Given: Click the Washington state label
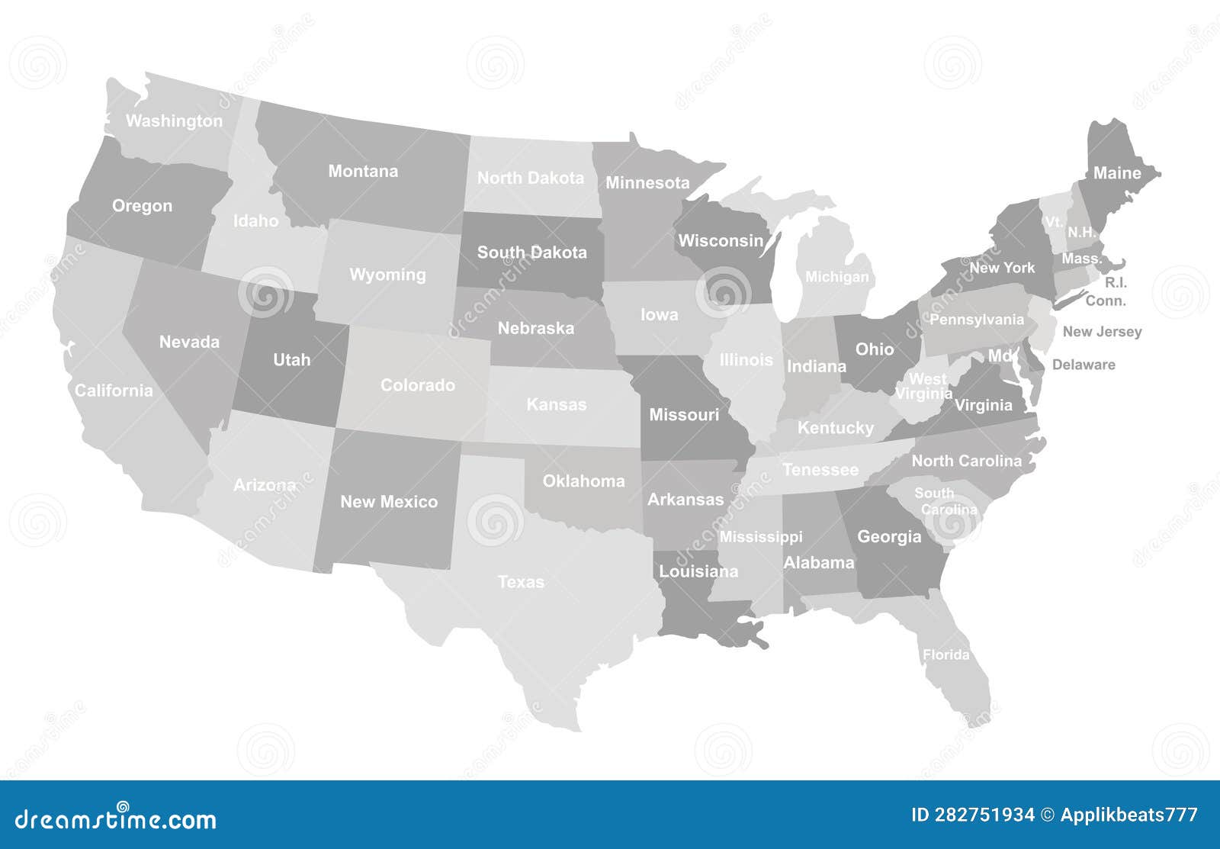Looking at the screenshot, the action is (x=174, y=121).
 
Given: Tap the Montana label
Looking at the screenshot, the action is (x=363, y=171).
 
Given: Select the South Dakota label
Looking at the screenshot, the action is (x=532, y=252).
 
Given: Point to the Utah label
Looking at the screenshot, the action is (x=292, y=359).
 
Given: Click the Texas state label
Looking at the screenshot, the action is (x=522, y=582).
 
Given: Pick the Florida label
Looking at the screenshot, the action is (x=946, y=654).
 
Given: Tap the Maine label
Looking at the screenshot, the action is (x=1117, y=173).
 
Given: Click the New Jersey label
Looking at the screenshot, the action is (x=1102, y=331).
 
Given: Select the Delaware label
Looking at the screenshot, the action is (x=1084, y=365).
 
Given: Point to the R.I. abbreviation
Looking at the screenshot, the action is (x=1116, y=282).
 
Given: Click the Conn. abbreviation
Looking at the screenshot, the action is (x=1106, y=301).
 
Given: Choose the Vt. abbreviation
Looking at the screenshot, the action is (x=1054, y=222).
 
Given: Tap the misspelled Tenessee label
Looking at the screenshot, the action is (x=820, y=470).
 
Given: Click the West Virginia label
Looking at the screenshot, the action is (x=924, y=386).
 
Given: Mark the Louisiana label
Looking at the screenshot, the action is (x=698, y=571).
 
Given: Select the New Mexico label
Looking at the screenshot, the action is (x=389, y=502).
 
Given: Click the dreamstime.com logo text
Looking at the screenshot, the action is (x=117, y=819).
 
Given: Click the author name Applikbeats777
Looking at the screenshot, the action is (x=1128, y=815).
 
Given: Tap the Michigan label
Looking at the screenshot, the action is (x=837, y=277).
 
